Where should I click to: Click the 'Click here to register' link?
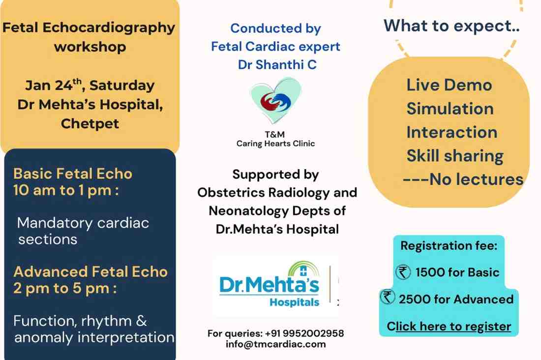449,326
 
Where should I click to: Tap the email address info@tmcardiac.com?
275,344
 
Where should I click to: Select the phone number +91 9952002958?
301,333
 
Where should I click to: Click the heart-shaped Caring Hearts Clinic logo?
275,101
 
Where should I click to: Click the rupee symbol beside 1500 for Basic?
403,272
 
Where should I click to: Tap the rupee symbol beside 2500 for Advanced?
388,299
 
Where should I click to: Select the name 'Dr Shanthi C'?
277,65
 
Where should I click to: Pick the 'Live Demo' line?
449,85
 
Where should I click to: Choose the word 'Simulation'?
450,109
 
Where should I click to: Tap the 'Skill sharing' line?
455,156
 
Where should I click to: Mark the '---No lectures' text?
463,180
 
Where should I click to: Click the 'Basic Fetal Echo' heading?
73,174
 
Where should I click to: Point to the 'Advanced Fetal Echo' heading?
90,271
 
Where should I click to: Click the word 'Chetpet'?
90,123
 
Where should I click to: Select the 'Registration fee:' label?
449,245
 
